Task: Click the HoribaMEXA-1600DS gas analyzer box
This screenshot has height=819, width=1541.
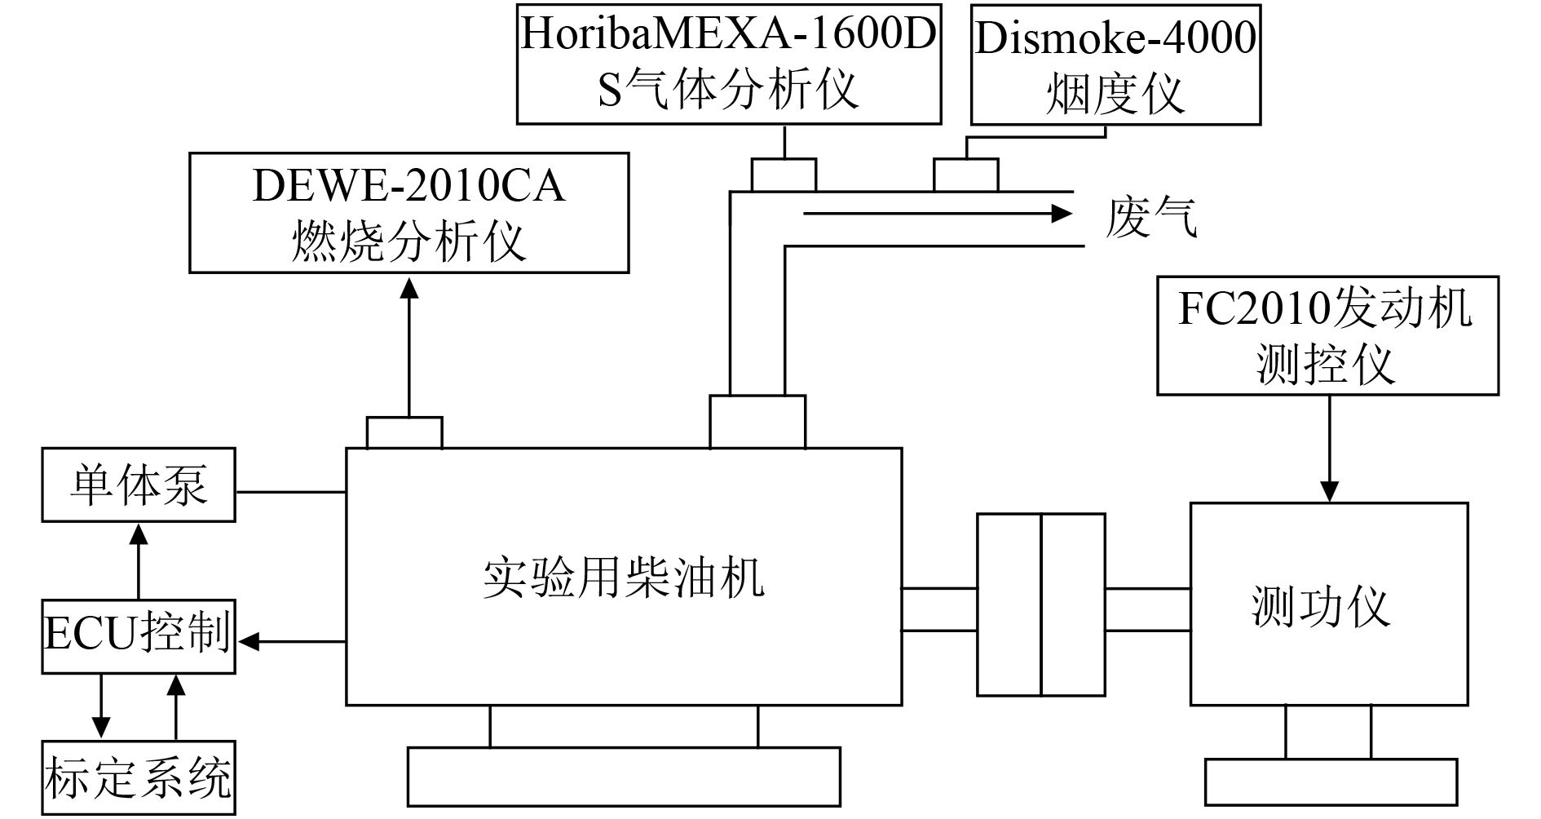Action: click(729, 64)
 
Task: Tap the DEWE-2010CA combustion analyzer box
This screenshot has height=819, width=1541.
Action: click(408, 212)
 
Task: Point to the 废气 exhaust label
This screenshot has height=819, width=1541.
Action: click(1151, 218)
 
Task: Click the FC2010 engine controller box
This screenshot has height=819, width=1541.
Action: click(1327, 335)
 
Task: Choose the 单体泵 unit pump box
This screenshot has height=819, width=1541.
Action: click(139, 485)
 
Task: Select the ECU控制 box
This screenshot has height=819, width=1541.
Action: click(139, 637)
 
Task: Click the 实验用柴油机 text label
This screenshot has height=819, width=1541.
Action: click(624, 578)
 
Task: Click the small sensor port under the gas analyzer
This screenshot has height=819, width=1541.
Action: click(783, 175)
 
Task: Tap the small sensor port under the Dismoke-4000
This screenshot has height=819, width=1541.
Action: click(965, 175)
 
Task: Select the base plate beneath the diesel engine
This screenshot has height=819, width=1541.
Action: click(624, 776)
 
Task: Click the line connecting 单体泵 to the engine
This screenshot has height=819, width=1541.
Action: click(290, 492)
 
